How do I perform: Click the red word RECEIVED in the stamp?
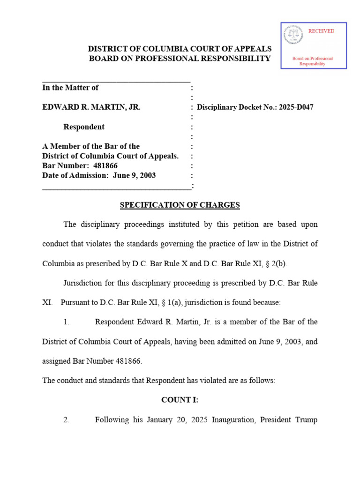(x=321, y=31)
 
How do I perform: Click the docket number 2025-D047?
(x=296, y=107)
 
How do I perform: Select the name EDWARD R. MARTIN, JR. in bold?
(x=91, y=107)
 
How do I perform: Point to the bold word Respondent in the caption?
(x=84, y=127)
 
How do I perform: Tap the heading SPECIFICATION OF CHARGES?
(x=180, y=205)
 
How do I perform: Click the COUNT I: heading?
(x=180, y=400)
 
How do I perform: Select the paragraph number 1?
(x=66, y=322)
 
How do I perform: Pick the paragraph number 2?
(x=66, y=420)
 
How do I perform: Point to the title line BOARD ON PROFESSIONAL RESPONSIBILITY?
(x=180, y=59)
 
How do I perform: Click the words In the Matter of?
(x=70, y=88)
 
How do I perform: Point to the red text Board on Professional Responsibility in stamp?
(x=313, y=61)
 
